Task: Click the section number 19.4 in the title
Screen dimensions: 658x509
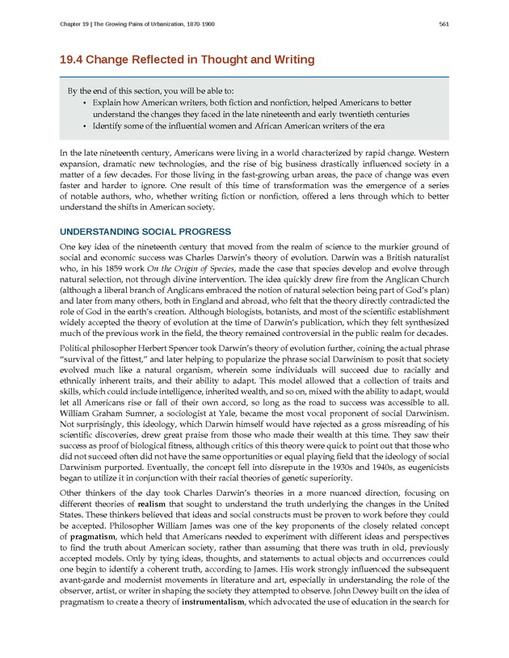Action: pos(78,59)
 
